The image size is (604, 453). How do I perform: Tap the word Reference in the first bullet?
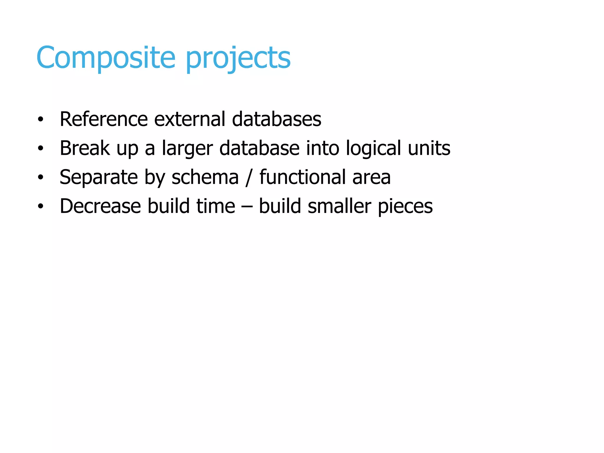[104, 119]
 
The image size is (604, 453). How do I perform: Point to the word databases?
[276, 119]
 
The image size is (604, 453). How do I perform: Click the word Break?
[85, 148]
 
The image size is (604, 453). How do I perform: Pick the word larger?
[187, 149]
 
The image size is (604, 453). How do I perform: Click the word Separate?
[99, 178]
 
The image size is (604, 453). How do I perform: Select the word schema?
[205, 177]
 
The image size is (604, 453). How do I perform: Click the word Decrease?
[100, 206]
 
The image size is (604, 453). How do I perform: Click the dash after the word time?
[247, 206]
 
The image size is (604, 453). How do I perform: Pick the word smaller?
[339, 206]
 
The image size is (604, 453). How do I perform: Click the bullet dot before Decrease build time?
[40, 206]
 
